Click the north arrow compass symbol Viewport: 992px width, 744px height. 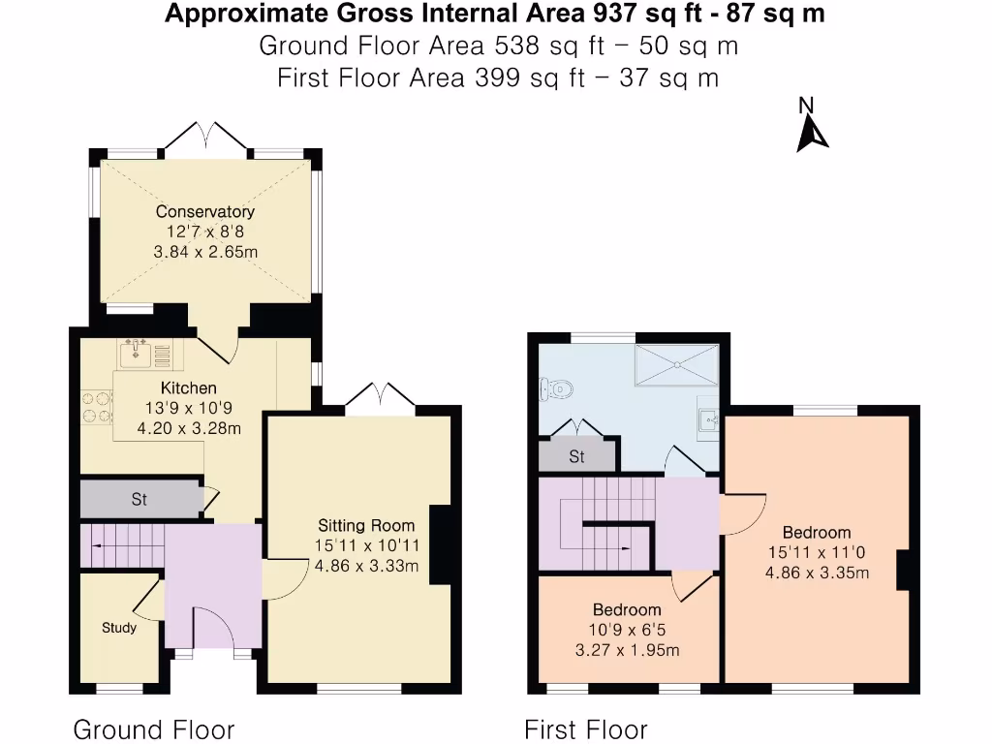pyautogui.click(x=812, y=132)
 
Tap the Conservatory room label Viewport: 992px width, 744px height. pyautogui.click(x=205, y=212)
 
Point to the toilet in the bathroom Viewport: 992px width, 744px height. pyautogui.click(x=558, y=389)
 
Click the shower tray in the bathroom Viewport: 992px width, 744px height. pyautogui.click(x=677, y=365)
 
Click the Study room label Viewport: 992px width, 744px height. pyautogui.click(x=119, y=628)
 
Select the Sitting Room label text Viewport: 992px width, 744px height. pyautogui.click(x=366, y=526)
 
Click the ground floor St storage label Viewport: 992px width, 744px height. pyautogui.click(x=139, y=500)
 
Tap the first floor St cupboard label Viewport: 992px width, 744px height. pyautogui.click(x=576, y=456)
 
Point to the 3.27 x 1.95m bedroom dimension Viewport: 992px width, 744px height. pyautogui.click(x=627, y=650)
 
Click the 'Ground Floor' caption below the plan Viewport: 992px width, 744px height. pyautogui.click(x=154, y=728)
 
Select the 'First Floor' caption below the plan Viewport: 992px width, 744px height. pyautogui.click(x=585, y=728)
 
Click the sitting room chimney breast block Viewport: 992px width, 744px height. pyautogui.click(x=440, y=545)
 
